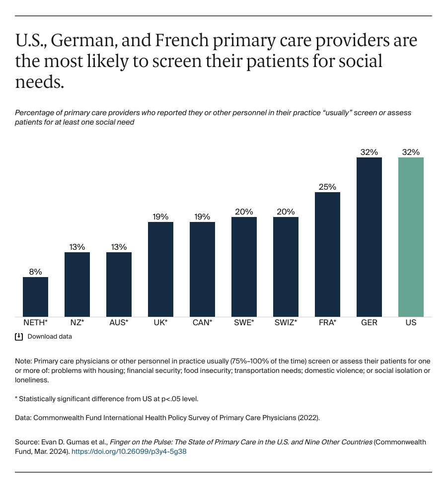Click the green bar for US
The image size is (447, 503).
pos(411,237)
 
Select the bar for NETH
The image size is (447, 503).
pos(35,296)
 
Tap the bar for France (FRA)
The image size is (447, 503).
pos(327,254)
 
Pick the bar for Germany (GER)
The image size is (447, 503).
pos(369,237)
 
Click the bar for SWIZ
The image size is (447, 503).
pos(286,267)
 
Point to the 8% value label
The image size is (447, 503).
pos(35,272)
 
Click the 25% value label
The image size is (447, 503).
pos(327,187)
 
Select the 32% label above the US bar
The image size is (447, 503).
pos(411,152)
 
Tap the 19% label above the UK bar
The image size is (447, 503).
pos(160,216)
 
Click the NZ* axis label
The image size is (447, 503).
pos(77,323)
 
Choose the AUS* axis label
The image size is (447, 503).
pos(119,323)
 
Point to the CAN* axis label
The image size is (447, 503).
pos(202,323)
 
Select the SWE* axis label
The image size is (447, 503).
pos(244,323)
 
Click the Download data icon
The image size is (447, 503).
pos(19,337)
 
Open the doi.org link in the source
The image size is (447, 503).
pos(129,452)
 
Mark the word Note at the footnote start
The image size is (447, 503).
pos(23,361)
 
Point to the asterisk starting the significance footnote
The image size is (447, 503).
pos(16,399)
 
